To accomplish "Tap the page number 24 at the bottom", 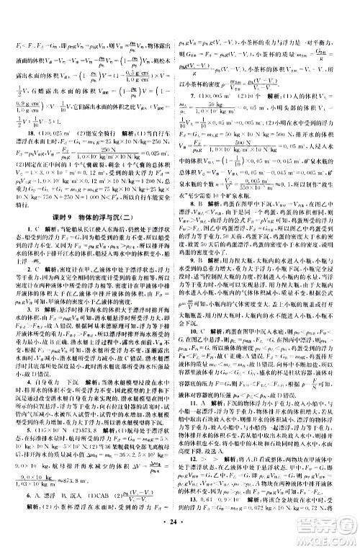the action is [179, 537].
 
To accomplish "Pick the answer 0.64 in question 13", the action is [212, 518].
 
